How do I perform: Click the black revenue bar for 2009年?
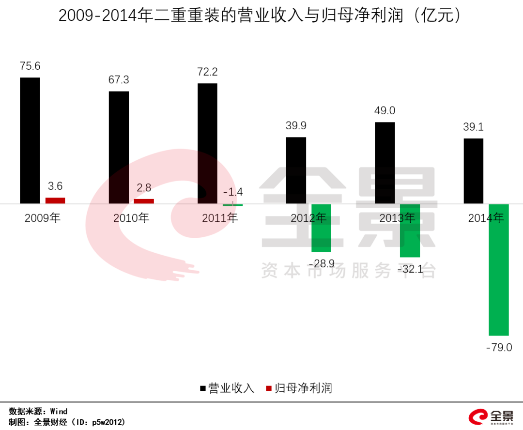coord(30,140)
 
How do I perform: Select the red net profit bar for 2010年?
coord(144,201)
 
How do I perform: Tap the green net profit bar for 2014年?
coord(499,269)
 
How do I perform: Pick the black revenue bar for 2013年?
coord(385,163)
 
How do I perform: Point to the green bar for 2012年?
coord(321,228)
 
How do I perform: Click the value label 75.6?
coord(30,66)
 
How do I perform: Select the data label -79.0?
coord(499,347)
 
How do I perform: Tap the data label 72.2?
coord(207,72)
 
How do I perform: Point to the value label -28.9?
coord(321,263)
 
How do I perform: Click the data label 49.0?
coord(385,111)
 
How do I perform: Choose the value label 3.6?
coord(55,186)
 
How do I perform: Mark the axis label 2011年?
coord(220,218)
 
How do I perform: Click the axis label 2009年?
coord(43,218)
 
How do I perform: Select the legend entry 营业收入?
coord(227,388)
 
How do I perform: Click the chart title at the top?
coord(259,16)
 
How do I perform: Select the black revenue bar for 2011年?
coord(207,143)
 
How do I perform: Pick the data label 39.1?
coord(473,127)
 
